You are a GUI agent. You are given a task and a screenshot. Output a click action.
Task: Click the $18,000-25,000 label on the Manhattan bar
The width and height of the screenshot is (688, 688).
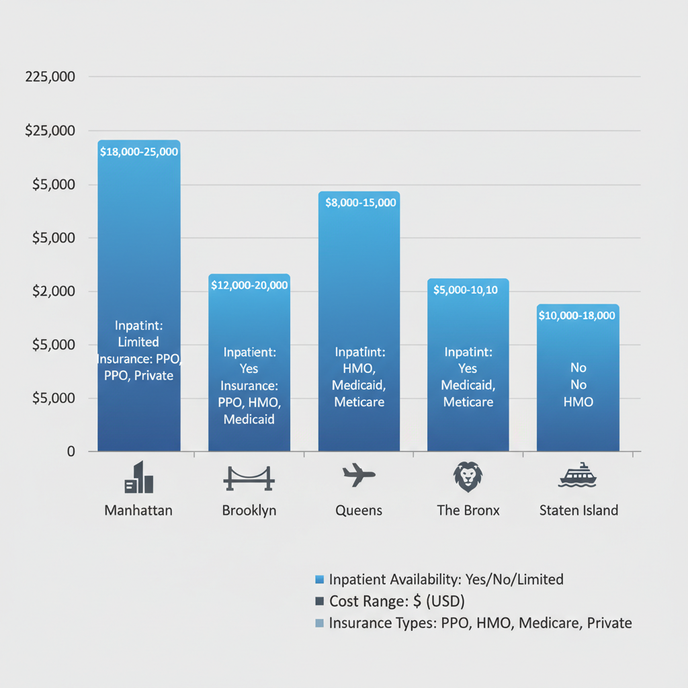pyautogui.click(x=139, y=152)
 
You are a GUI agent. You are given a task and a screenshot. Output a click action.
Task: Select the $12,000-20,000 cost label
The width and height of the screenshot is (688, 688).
pyautogui.click(x=249, y=285)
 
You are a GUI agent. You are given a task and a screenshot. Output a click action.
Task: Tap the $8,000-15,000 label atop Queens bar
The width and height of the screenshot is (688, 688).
pyautogui.click(x=360, y=202)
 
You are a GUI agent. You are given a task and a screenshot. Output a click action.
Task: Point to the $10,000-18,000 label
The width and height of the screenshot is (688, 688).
pyautogui.click(x=577, y=315)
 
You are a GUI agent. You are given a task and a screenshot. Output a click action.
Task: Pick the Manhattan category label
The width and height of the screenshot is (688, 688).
pyautogui.click(x=138, y=511)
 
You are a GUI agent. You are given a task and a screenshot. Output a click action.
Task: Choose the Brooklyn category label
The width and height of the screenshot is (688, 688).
pyautogui.click(x=249, y=511)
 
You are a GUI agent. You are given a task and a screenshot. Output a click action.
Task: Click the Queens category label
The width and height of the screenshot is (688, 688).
pyautogui.click(x=359, y=511)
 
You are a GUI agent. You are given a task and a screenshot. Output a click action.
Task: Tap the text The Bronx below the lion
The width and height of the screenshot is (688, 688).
pyautogui.click(x=468, y=511)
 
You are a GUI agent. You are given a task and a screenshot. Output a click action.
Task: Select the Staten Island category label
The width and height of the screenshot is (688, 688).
pyautogui.click(x=578, y=511)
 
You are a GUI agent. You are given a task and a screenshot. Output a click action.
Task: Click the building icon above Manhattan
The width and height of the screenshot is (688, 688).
pyautogui.click(x=138, y=478)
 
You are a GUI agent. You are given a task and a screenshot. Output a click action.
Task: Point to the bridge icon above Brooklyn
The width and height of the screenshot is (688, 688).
pyautogui.click(x=249, y=478)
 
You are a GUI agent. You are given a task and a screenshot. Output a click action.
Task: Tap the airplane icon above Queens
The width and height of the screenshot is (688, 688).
pyautogui.click(x=359, y=475)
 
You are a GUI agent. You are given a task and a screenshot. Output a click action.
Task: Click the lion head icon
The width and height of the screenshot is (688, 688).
pyautogui.click(x=468, y=476)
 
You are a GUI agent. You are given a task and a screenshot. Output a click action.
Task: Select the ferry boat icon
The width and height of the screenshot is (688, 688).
pyautogui.click(x=578, y=476)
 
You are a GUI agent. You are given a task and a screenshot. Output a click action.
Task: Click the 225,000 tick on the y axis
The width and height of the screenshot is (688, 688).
pyautogui.click(x=50, y=77)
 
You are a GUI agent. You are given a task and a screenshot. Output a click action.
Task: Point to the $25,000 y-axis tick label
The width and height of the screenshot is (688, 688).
pyautogui.click(x=50, y=130)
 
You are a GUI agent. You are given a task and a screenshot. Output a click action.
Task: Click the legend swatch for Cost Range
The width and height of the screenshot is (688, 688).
pyautogui.click(x=319, y=601)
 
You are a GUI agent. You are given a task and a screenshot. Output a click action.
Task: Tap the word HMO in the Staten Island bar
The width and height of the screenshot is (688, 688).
pyautogui.click(x=578, y=402)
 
